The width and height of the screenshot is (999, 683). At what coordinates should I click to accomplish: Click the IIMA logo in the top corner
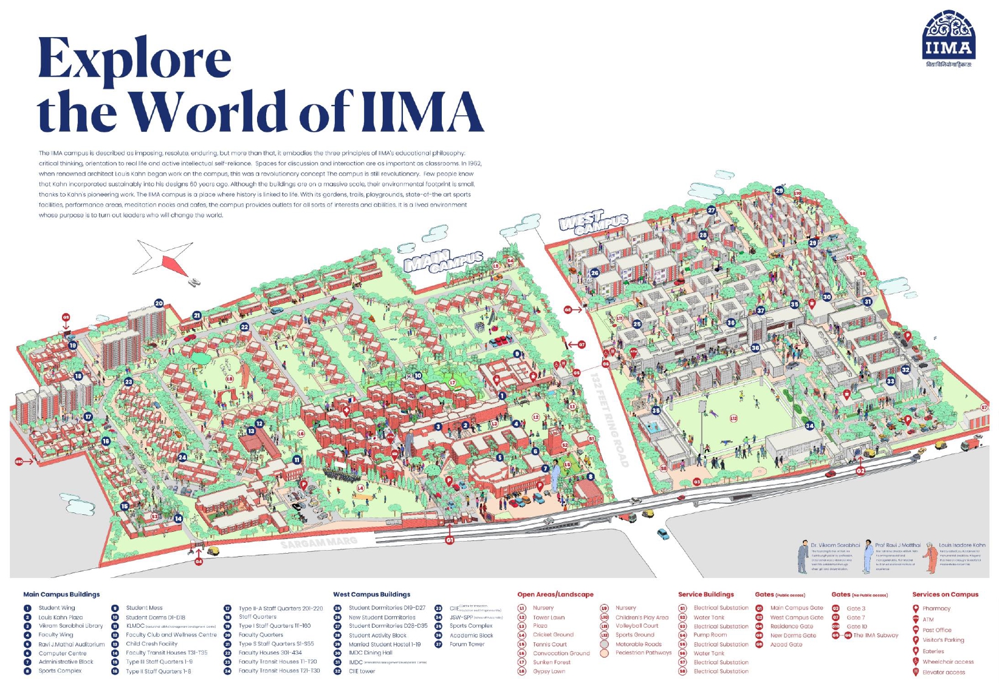pos(948,38)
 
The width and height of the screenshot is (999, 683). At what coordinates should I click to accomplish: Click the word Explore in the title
pos(134,58)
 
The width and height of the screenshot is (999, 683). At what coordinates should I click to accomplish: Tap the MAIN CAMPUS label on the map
pos(442,261)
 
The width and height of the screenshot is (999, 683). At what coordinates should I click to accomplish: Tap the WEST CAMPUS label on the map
pos(592,223)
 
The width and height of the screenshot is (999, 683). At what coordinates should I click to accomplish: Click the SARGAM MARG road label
pos(318,542)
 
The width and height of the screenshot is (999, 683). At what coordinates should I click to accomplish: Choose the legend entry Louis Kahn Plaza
pos(60,617)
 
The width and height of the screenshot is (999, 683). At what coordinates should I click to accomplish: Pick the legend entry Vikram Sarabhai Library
pos(70,625)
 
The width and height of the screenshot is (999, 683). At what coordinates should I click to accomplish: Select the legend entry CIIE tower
pos(362,671)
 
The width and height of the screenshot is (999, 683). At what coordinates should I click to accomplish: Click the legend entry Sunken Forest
pos(551,662)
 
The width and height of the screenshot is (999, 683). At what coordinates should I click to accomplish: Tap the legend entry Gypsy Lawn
pos(549,671)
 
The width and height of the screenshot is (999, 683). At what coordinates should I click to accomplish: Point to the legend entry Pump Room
pos(710,635)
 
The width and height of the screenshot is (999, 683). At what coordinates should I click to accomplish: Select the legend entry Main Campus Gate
pos(796,608)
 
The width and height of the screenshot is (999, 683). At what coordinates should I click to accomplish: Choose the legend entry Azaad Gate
pos(786,645)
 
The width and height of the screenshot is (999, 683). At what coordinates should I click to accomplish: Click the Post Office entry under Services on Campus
pos(936,630)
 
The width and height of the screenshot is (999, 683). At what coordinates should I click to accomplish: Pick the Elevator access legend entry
pos(943,672)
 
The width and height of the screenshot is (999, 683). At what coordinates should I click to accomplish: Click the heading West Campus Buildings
pos(371,594)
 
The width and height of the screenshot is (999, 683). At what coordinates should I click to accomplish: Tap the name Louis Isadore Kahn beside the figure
pos(962,545)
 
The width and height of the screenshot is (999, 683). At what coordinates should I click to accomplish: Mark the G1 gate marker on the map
pos(450,540)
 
